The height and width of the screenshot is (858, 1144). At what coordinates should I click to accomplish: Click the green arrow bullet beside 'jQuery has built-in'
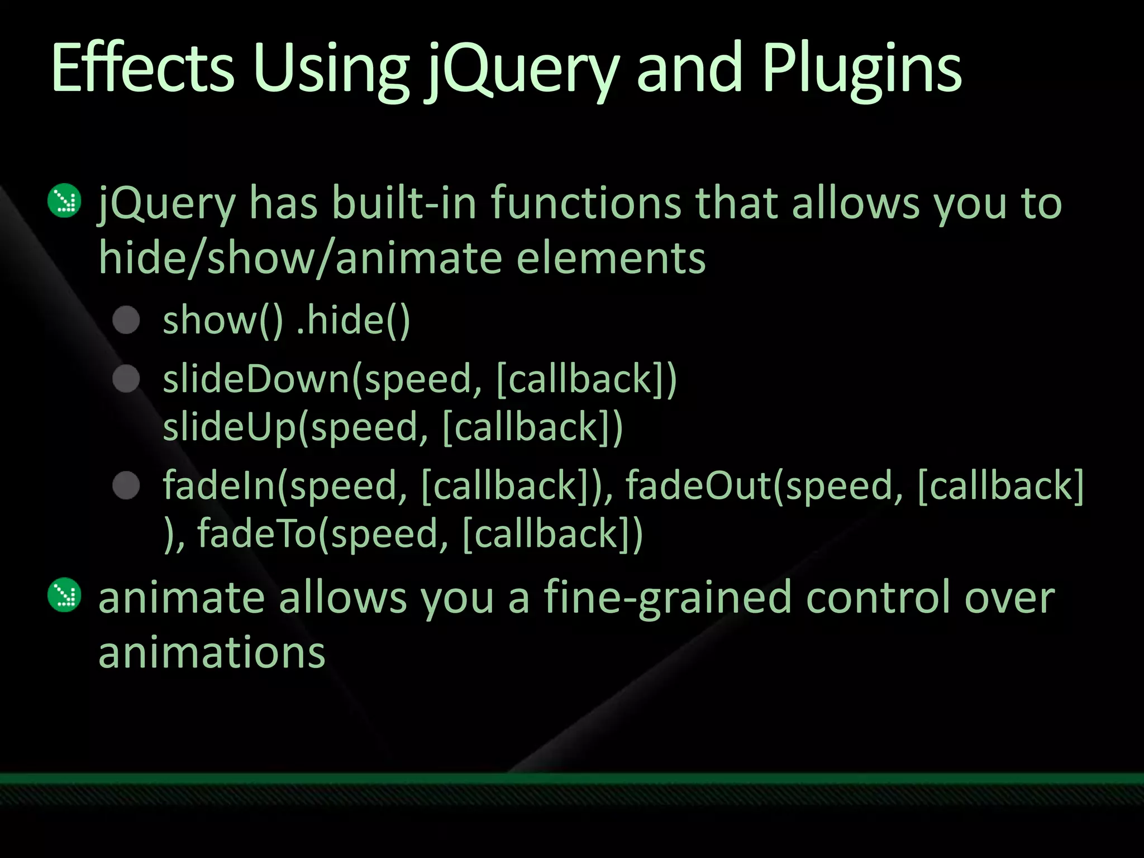coord(65,200)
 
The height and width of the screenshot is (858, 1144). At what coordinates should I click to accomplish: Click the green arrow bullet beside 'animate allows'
coord(65,594)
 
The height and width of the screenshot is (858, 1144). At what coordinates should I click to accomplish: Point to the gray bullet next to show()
coord(126,320)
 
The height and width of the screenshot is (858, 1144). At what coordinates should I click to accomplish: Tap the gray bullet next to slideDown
coord(126,379)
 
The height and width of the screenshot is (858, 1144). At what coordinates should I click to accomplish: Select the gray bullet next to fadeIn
coord(126,485)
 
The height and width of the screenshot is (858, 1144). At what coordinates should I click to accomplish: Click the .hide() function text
coord(353,321)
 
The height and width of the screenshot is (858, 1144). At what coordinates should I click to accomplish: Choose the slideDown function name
coord(256,379)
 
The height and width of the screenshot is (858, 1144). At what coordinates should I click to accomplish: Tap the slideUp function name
coord(229,427)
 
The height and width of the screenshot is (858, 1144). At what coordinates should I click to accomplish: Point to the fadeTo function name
coord(257,533)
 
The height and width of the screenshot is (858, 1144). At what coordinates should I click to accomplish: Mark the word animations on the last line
coord(212,652)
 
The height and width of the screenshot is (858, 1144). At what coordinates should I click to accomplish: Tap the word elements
coord(611,258)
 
